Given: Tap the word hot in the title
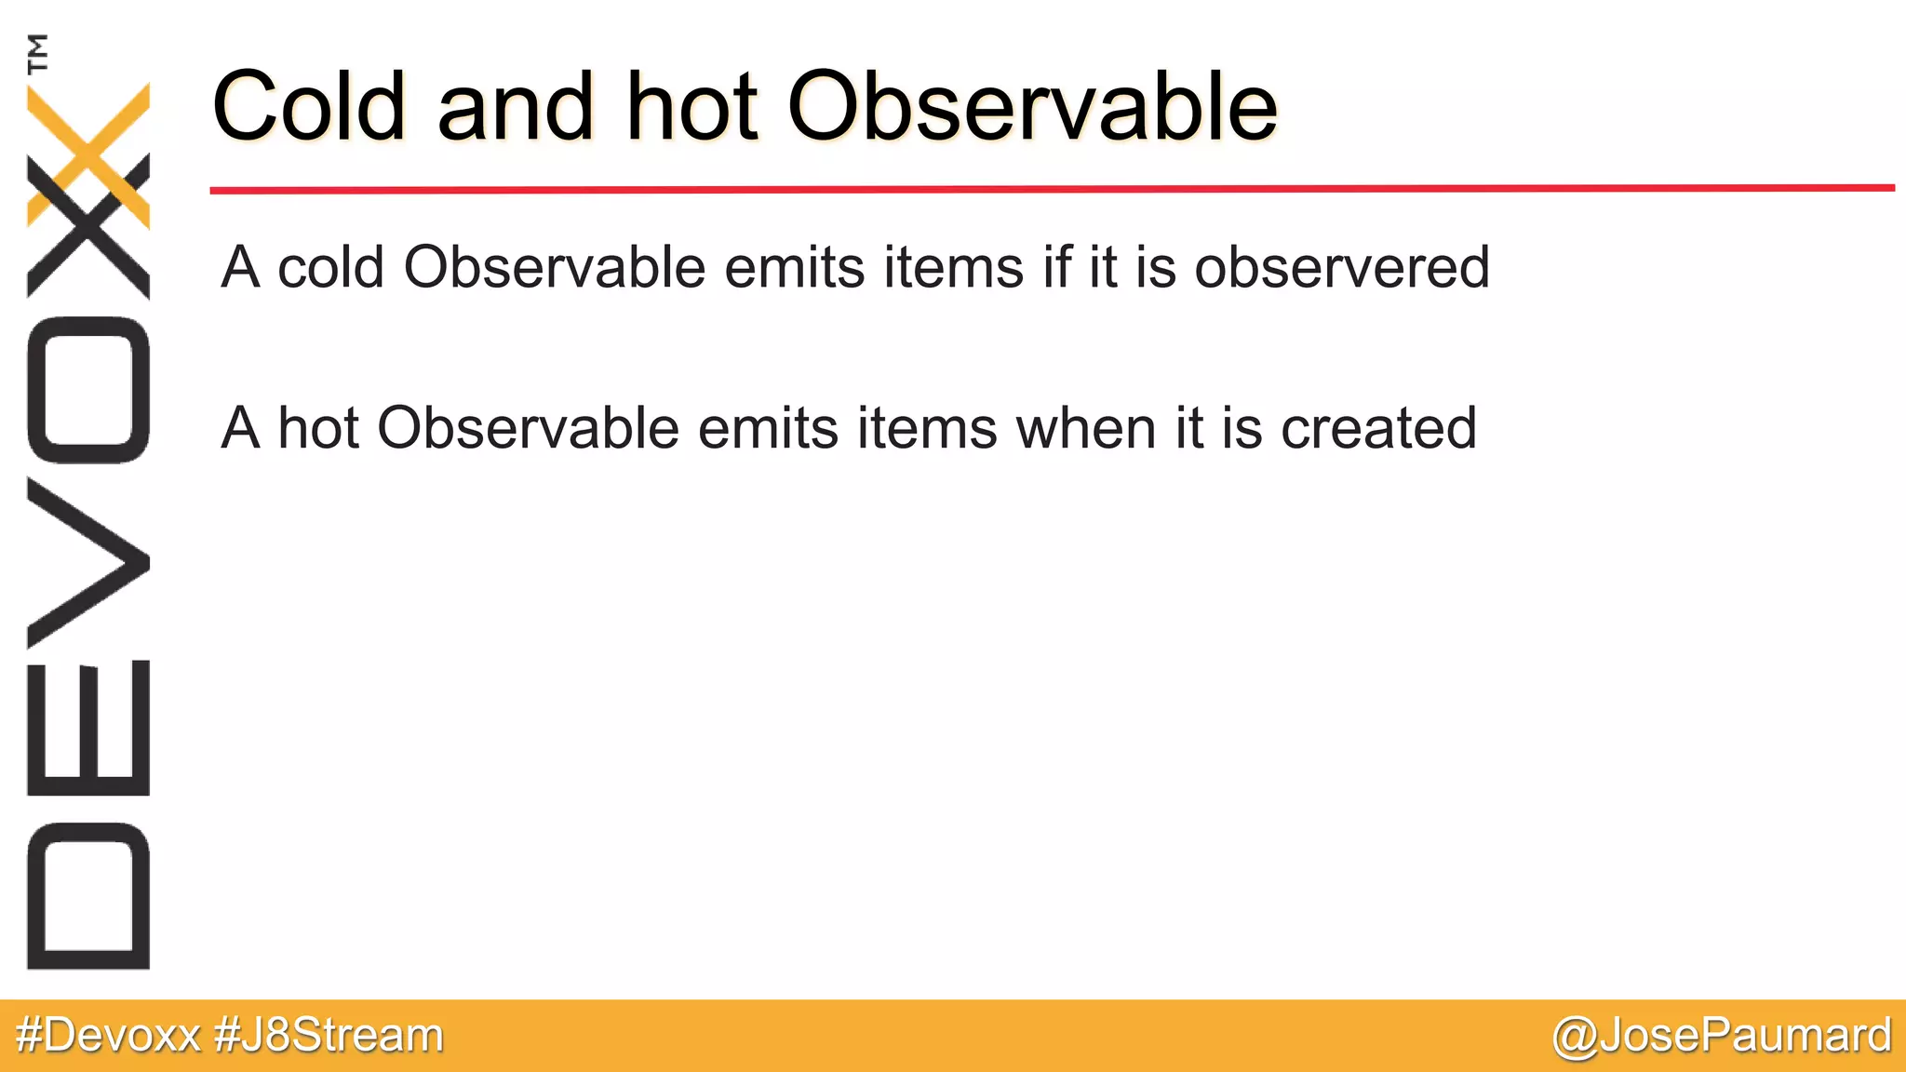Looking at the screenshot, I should click(691, 107).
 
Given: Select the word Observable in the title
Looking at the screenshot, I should click(1033, 107).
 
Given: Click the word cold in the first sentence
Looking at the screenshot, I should click(330, 268).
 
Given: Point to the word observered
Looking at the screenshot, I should click(1342, 268).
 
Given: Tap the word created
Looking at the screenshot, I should click(1378, 429).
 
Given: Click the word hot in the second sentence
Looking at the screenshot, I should click(318, 429).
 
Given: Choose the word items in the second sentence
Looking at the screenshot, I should click(927, 429).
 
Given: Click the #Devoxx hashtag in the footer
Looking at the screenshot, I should click(108, 1036).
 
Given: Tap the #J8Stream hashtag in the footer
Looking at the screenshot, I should click(329, 1036).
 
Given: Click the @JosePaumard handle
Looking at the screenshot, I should click(1722, 1036).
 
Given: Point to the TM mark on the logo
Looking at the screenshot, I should click(37, 53).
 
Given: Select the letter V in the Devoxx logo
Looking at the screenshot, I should click(88, 562).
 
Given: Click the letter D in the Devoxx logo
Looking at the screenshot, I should click(88, 895).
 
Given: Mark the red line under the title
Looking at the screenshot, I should click(1052, 189).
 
